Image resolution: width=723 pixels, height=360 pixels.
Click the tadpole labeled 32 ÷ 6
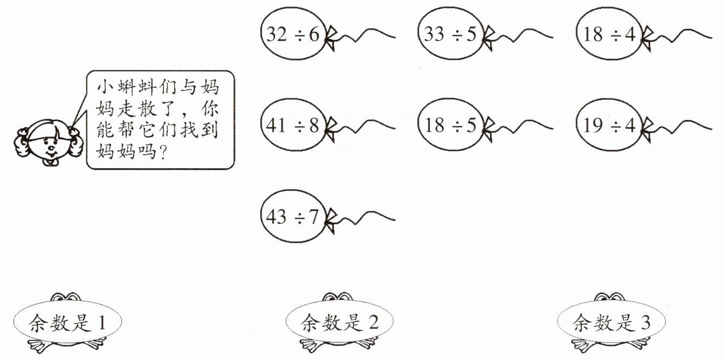[293, 34]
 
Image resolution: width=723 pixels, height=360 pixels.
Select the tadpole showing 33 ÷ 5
[450, 34]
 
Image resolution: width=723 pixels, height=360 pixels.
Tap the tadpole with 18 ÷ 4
[608, 34]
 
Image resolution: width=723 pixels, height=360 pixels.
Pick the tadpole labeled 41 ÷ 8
[293, 125]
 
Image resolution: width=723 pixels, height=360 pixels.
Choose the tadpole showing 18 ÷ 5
[450, 125]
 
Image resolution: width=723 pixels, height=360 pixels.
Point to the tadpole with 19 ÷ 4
[608, 125]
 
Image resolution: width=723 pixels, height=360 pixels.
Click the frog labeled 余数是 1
[67, 323]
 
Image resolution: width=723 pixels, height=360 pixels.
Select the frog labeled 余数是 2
[339, 323]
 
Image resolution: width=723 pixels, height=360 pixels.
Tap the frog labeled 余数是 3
[611, 323]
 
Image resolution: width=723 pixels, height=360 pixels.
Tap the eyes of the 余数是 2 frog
[339, 297]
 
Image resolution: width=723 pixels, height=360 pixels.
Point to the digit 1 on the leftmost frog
[101, 324]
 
